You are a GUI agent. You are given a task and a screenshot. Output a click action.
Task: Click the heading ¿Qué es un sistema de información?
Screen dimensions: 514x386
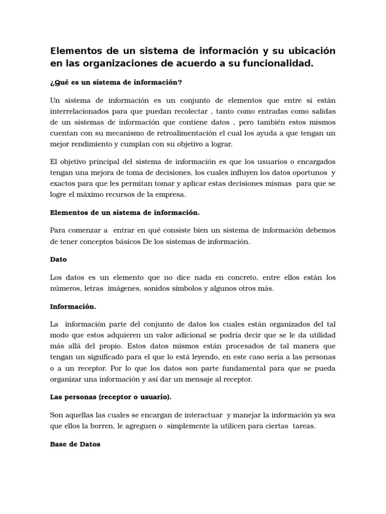pos(116,82)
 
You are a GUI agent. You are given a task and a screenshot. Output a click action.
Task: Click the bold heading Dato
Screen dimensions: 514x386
pos(58,260)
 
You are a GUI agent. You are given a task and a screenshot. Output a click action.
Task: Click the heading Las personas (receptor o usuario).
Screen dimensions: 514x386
pos(111,397)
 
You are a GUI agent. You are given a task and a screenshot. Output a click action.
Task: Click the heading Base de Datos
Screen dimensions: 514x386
pos(75,444)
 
